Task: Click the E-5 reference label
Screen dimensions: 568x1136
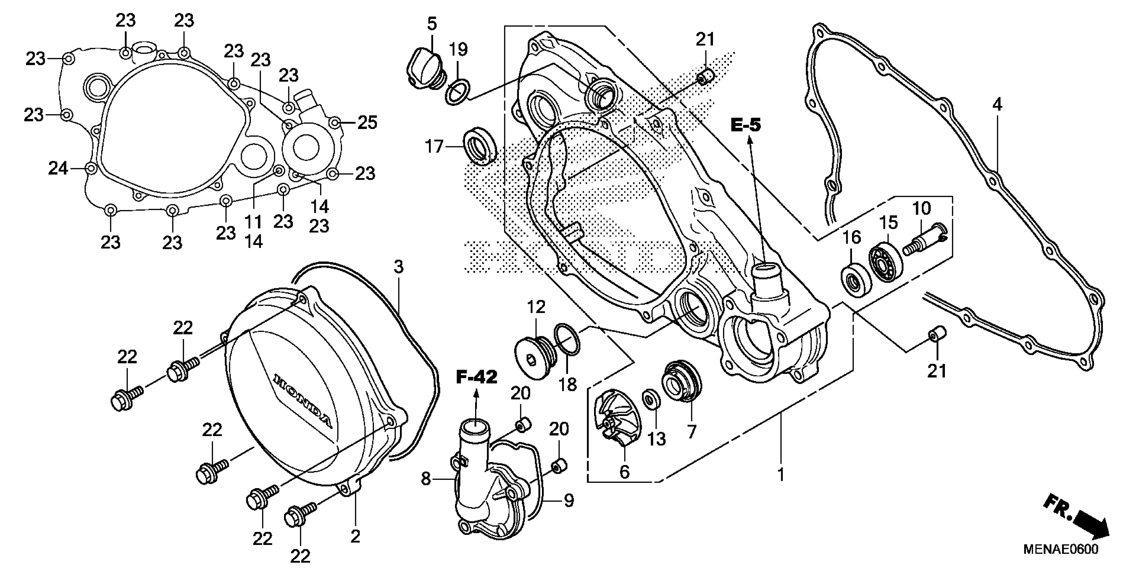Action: click(x=746, y=125)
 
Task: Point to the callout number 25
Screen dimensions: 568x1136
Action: click(x=367, y=122)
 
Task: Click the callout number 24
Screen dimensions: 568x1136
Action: click(x=58, y=168)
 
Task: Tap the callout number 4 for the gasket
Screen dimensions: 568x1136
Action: click(x=998, y=105)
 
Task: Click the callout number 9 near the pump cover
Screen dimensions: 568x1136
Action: click(x=569, y=501)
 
